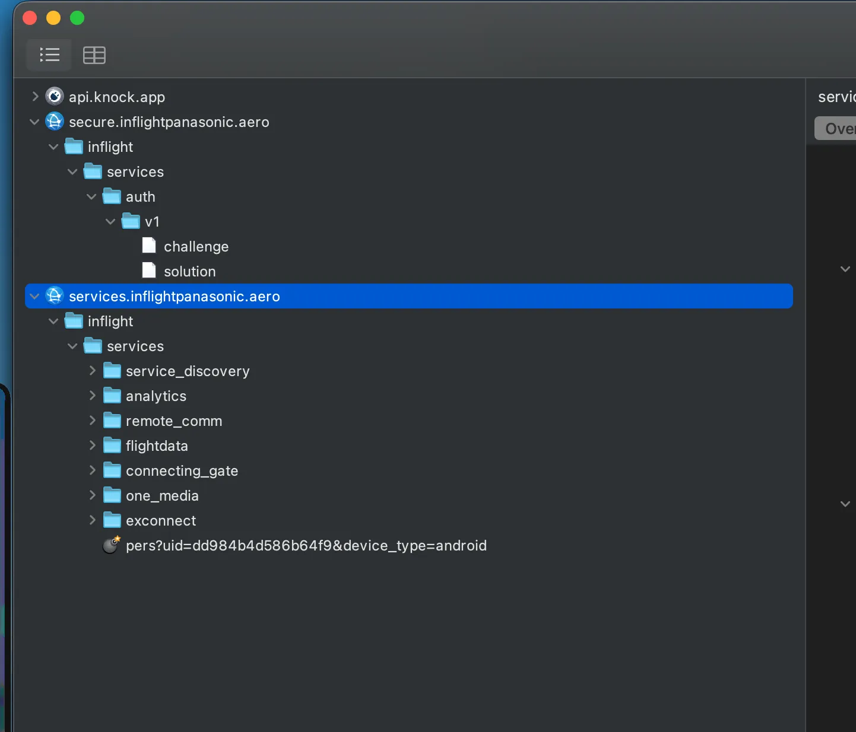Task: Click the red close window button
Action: (30, 18)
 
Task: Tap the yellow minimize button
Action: (53, 18)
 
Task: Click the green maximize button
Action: (77, 18)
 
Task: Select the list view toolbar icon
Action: (50, 55)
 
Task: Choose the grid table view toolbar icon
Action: (94, 55)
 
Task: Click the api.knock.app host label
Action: (117, 97)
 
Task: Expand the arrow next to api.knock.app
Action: (35, 97)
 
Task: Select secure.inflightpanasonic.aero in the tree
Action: (169, 122)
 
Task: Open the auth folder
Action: (140, 197)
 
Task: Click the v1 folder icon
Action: (131, 221)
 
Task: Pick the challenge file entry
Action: (196, 247)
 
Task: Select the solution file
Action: (190, 272)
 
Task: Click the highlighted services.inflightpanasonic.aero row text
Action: (175, 297)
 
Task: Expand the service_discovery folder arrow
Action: (93, 370)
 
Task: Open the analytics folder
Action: (156, 396)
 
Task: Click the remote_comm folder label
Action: (174, 421)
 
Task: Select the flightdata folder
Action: (157, 446)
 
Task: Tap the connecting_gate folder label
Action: (182, 471)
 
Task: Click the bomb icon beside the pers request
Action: (112, 545)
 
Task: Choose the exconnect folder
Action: (161, 521)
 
